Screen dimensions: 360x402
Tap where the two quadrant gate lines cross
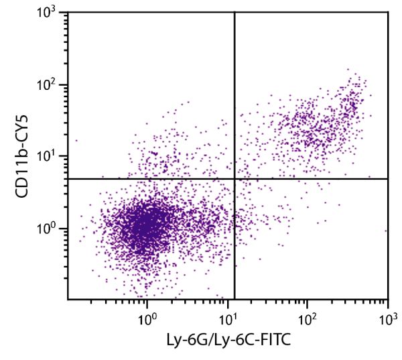pyautogui.click(x=234, y=178)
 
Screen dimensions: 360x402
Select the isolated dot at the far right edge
pyautogui.click(x=386, y=231)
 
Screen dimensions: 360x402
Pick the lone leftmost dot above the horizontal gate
pyautogui.click(x=76, y=141)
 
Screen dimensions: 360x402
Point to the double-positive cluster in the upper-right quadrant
pyautogui.click(x=315, y=127)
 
